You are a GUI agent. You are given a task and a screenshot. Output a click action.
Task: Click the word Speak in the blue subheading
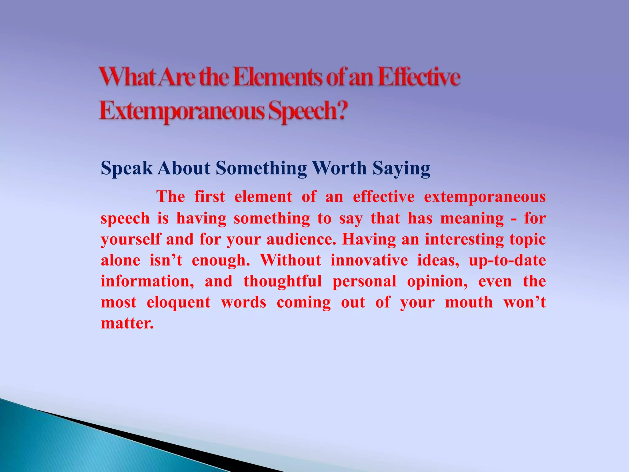127,168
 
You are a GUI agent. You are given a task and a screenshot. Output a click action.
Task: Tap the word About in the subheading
184,168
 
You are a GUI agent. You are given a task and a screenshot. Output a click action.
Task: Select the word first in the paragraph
210,196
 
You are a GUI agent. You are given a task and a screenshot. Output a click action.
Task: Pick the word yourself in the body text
131,239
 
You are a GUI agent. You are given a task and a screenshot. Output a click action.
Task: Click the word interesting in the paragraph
464,239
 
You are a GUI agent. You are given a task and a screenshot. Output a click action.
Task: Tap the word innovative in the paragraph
369,260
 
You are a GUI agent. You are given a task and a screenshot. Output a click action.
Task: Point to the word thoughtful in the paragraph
283,281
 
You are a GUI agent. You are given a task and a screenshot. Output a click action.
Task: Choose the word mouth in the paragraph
469,302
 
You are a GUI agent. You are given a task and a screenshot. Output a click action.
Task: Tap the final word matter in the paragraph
127,323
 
